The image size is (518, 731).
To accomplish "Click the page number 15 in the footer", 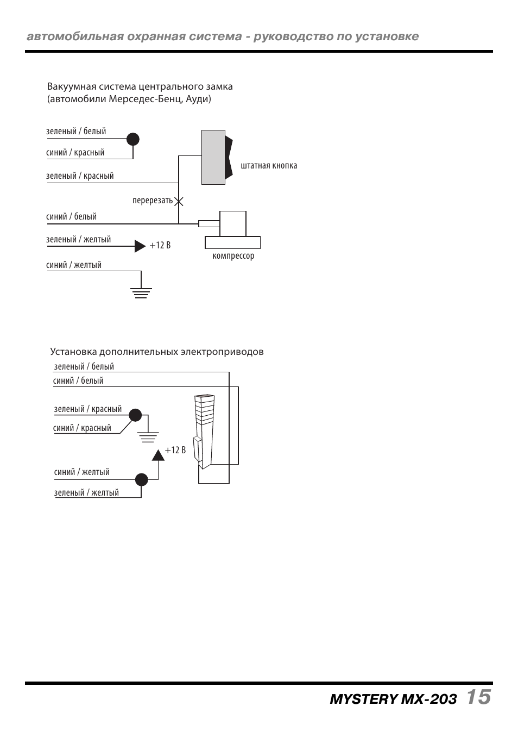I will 478,697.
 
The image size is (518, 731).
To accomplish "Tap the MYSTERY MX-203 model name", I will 393,699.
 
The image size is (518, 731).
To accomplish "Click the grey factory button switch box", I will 213,157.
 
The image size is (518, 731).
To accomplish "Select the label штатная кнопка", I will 269,166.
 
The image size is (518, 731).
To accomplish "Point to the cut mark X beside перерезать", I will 179,201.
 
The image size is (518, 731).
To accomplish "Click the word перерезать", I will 152,201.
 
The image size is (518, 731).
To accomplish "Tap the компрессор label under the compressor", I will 233,256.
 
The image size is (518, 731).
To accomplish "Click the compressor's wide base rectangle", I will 232,242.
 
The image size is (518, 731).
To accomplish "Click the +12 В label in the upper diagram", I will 160,246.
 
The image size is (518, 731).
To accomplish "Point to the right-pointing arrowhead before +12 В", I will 140,246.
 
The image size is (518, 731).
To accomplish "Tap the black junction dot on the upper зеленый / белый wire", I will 133,139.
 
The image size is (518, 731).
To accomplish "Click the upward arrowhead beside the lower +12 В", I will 158,455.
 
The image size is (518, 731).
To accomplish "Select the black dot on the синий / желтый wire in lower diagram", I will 141,479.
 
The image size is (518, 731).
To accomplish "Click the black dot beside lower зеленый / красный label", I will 135,415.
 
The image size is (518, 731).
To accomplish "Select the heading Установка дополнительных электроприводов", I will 157,352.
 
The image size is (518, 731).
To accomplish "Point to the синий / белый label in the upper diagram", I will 71,217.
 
